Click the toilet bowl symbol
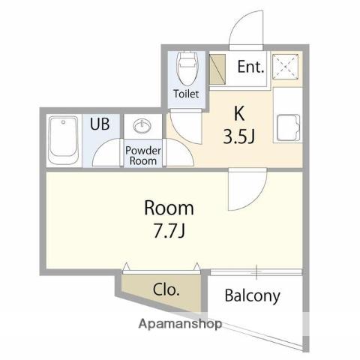pyautogui.click(x=187, y=68)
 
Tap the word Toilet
pyautogui.click(x=186, y=94)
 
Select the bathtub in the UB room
pyautogui.click(x=64, y=140)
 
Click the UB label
pyautogui.click(x=100, y=124)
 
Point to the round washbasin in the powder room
pyautogui.click(x=142, y=126)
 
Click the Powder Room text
pyautogui.click(x=143, y=156)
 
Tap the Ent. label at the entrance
pyautogui.click(x=250, y=67)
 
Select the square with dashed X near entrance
pyautogui.click(x=286, y=67)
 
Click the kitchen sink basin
pyautogui.click(x=288, y=127)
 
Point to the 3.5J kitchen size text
pyautogui.click(x=238, y=136)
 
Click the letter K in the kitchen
pyautogui.click(x=239, y=113)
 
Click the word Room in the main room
pyautogui.click(x=169, y=208)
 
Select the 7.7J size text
pyautogui.click(x=169, y=231)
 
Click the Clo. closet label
pyautogui.click(x=166, y=289)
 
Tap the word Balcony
pyautogui.click(x=253, y=295)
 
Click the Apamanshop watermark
pyautogui.click(x=180, y=324)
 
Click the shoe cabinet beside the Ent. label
pyautogui.click(x=217, y=69)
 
